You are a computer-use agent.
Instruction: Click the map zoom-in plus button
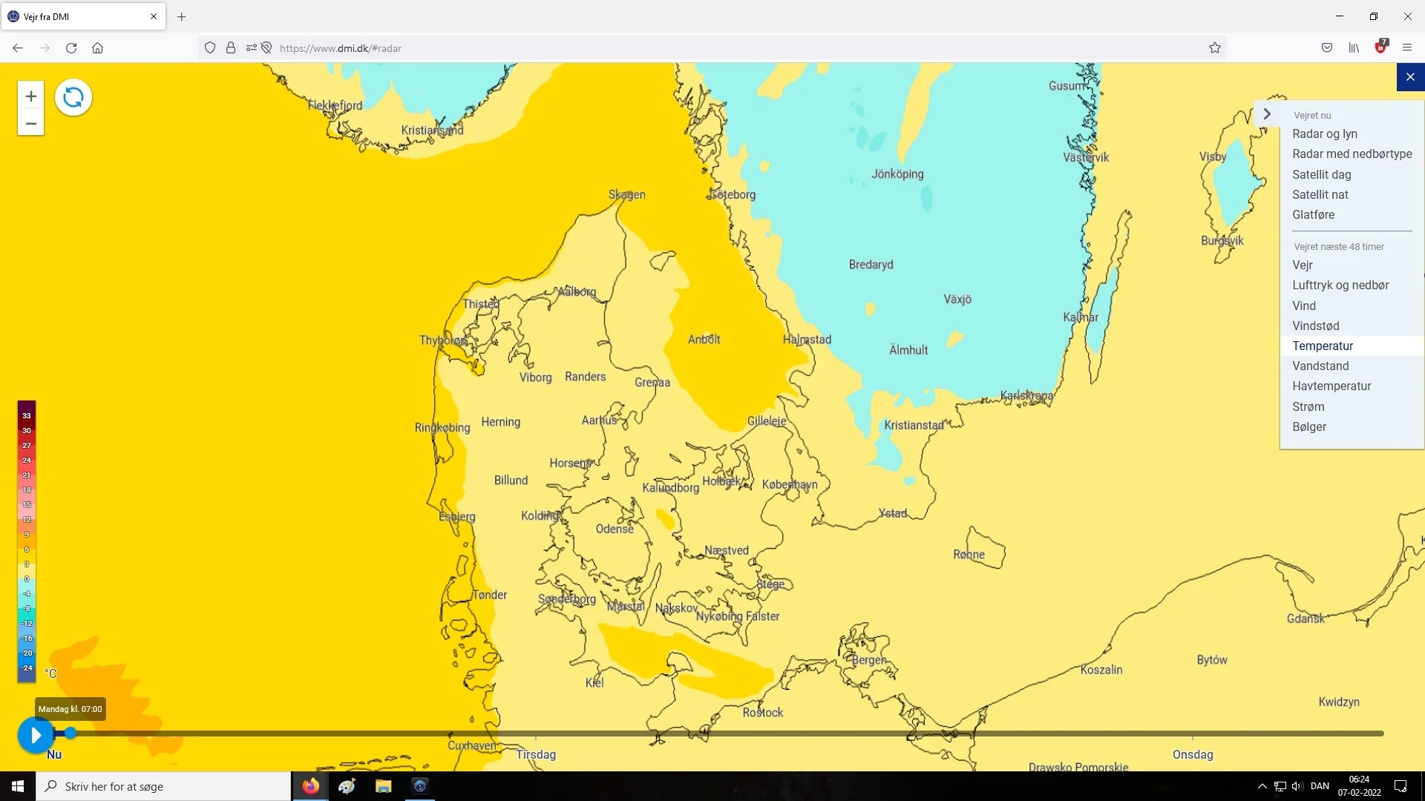[x=30, y=96]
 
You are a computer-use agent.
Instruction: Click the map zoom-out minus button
[x=30, y=123]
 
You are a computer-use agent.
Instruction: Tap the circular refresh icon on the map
[x=73, y=97]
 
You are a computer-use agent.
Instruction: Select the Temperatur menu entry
[x=1323, y=346]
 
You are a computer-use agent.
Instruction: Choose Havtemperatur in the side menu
[x=1331, y=386]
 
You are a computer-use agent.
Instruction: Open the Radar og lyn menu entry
[x=1324, y=134]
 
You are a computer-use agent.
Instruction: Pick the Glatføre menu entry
[x=1313, y=215]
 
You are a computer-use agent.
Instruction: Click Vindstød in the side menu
[x=1315, y=326]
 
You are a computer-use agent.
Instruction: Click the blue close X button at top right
[x=1410, y=77]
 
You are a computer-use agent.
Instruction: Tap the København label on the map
[x=790, y=485]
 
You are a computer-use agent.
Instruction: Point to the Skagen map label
[x=626, y=195]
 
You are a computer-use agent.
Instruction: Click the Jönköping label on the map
[x=897, y=174]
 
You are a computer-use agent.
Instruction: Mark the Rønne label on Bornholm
[x=969, y=555]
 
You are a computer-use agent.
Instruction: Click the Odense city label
[x=615, y=530]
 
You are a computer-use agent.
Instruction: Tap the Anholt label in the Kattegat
[x=704, y=340]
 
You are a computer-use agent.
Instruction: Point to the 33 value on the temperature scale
[x=27, y=416]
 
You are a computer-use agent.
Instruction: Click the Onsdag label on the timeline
[x=1193, y=755]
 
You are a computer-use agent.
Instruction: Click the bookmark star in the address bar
[x=1215, y=48]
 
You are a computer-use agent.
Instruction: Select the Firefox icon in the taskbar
[x=310, y=786]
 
